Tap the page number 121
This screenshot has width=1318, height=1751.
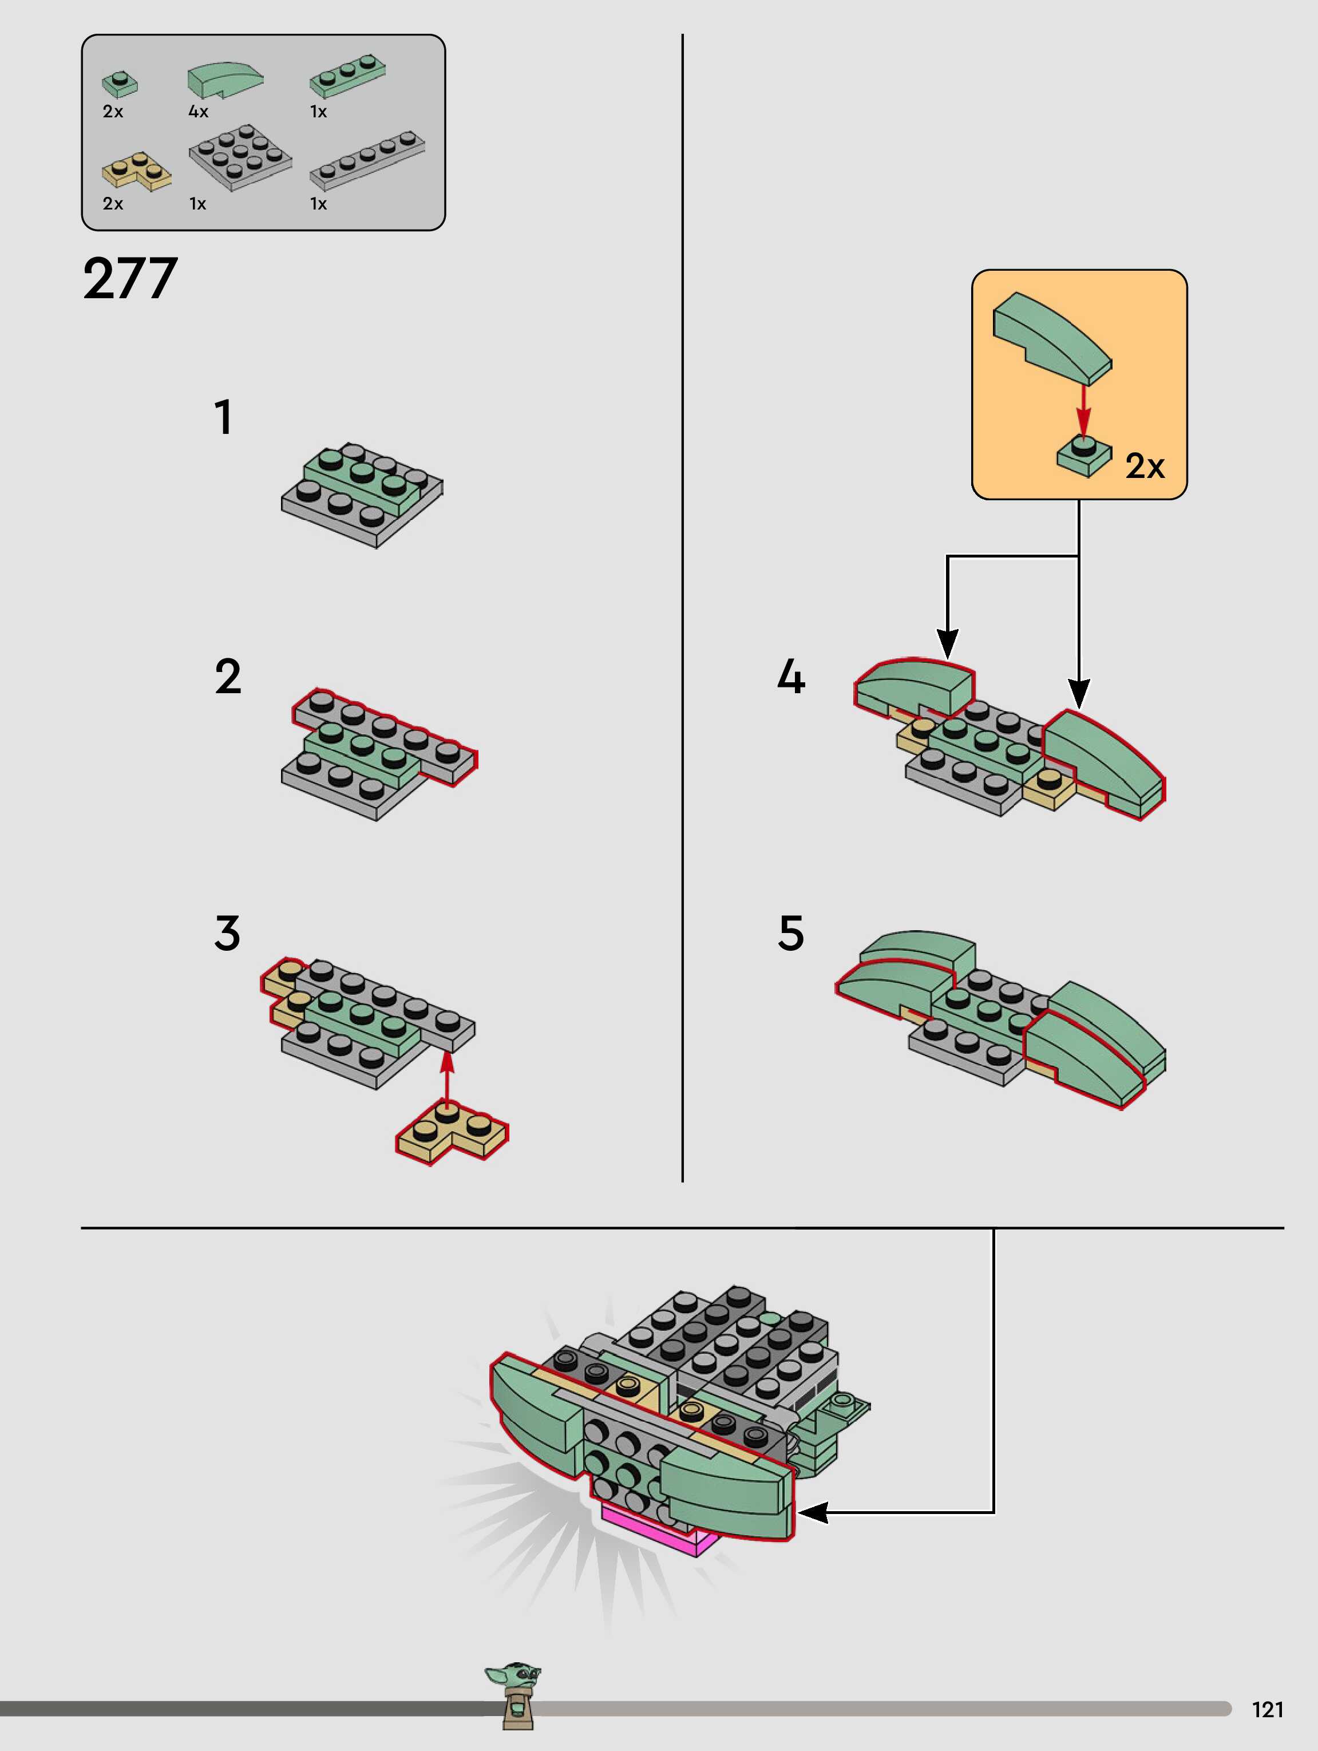[x=1267, y=1709]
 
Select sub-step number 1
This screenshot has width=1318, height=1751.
[x=224, y=417]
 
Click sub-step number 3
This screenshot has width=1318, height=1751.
[x=227, y=932]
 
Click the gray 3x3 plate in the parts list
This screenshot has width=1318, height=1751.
[x=240, y=157]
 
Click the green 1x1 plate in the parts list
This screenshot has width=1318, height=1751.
[x=120, y=83]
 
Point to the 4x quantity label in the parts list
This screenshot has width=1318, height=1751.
[x=198, y=112]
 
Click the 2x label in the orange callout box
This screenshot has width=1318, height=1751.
[x=1145, y=467]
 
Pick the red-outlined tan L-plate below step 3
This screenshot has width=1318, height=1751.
[x=451, y=1133]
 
